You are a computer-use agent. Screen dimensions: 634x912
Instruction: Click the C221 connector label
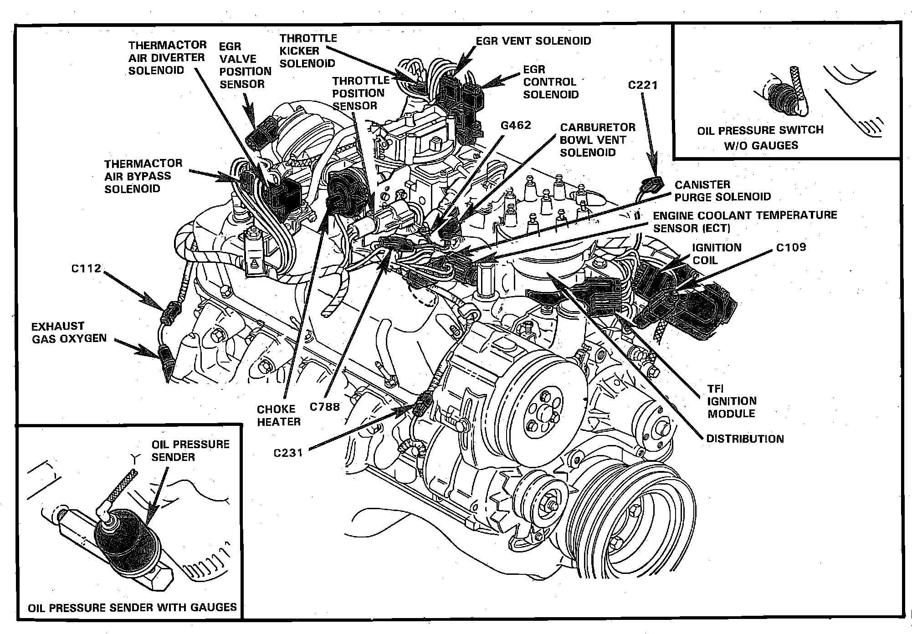coord(643,85)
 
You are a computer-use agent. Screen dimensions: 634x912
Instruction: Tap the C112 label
coord(86,269)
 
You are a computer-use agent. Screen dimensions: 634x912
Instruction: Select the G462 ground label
coord(516,125)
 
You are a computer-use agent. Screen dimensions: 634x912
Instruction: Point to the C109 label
coord(791,248)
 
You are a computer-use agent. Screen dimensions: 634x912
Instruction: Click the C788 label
coord(325,406)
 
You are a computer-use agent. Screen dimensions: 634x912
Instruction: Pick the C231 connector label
coord(288,453)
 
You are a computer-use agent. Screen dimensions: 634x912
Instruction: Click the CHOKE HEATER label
coord(279,415)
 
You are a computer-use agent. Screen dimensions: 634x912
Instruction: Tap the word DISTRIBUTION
coord(745,439)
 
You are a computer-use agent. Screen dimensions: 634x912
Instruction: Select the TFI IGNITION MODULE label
coord(731,401)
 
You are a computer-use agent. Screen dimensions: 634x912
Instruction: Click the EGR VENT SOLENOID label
coord(533,41)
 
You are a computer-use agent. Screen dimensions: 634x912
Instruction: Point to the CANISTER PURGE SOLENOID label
coord(722,191)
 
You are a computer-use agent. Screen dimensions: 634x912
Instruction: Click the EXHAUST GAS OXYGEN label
coord(69,332)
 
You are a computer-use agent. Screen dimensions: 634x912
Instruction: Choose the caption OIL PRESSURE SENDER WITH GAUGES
coord(132,607)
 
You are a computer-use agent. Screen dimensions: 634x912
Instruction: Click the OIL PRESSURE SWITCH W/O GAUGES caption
coord(760,138)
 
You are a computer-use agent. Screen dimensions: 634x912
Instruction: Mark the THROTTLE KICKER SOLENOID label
coord(308,51)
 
